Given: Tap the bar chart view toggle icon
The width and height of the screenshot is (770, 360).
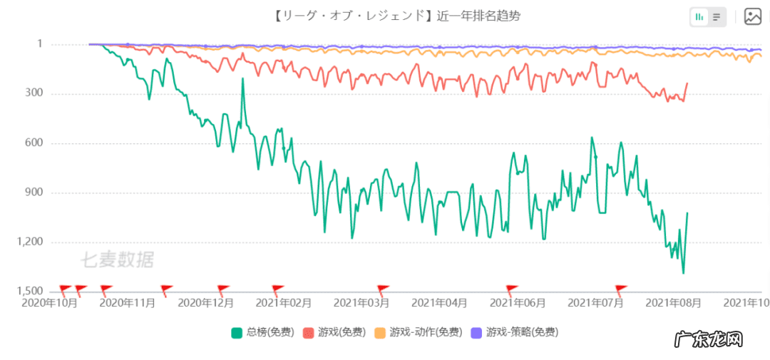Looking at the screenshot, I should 699,16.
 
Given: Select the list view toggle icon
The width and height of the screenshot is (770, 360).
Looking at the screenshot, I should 717,16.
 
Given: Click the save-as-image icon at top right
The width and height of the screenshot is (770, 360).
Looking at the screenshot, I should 753,16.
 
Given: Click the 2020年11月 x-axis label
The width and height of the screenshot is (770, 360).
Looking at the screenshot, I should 127,303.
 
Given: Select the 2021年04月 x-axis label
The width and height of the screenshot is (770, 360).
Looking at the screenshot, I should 440,303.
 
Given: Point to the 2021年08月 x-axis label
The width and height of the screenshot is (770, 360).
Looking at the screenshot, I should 674,303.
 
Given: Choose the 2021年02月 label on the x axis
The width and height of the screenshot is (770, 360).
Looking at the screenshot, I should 284,303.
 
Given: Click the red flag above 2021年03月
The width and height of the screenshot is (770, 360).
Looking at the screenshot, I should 383,289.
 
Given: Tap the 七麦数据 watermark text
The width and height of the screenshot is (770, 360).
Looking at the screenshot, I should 116,259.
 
